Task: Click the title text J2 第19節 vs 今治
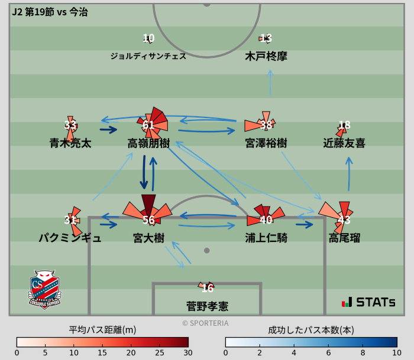click(50, 12)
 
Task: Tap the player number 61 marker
click(148, 125)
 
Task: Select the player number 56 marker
click(148, 220)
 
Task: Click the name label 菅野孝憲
click(207, 306)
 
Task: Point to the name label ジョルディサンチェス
click(148, 56)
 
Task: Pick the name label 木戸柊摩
click(266, 56)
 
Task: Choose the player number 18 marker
click(344, 125)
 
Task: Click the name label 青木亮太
click(70, 143)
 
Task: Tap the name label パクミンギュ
click(70, 238)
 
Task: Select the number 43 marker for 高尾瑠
click(344, 220)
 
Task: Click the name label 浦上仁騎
click(266, 238)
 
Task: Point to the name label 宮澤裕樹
click(266, 143)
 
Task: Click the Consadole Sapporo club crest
click(45, 289)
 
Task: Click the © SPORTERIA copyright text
click(205, 323)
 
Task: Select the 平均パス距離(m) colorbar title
click(102, 330)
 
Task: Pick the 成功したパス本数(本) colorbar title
click(311, 330)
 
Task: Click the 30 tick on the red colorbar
click(188, 353)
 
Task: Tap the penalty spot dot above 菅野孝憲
click(207, 250)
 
